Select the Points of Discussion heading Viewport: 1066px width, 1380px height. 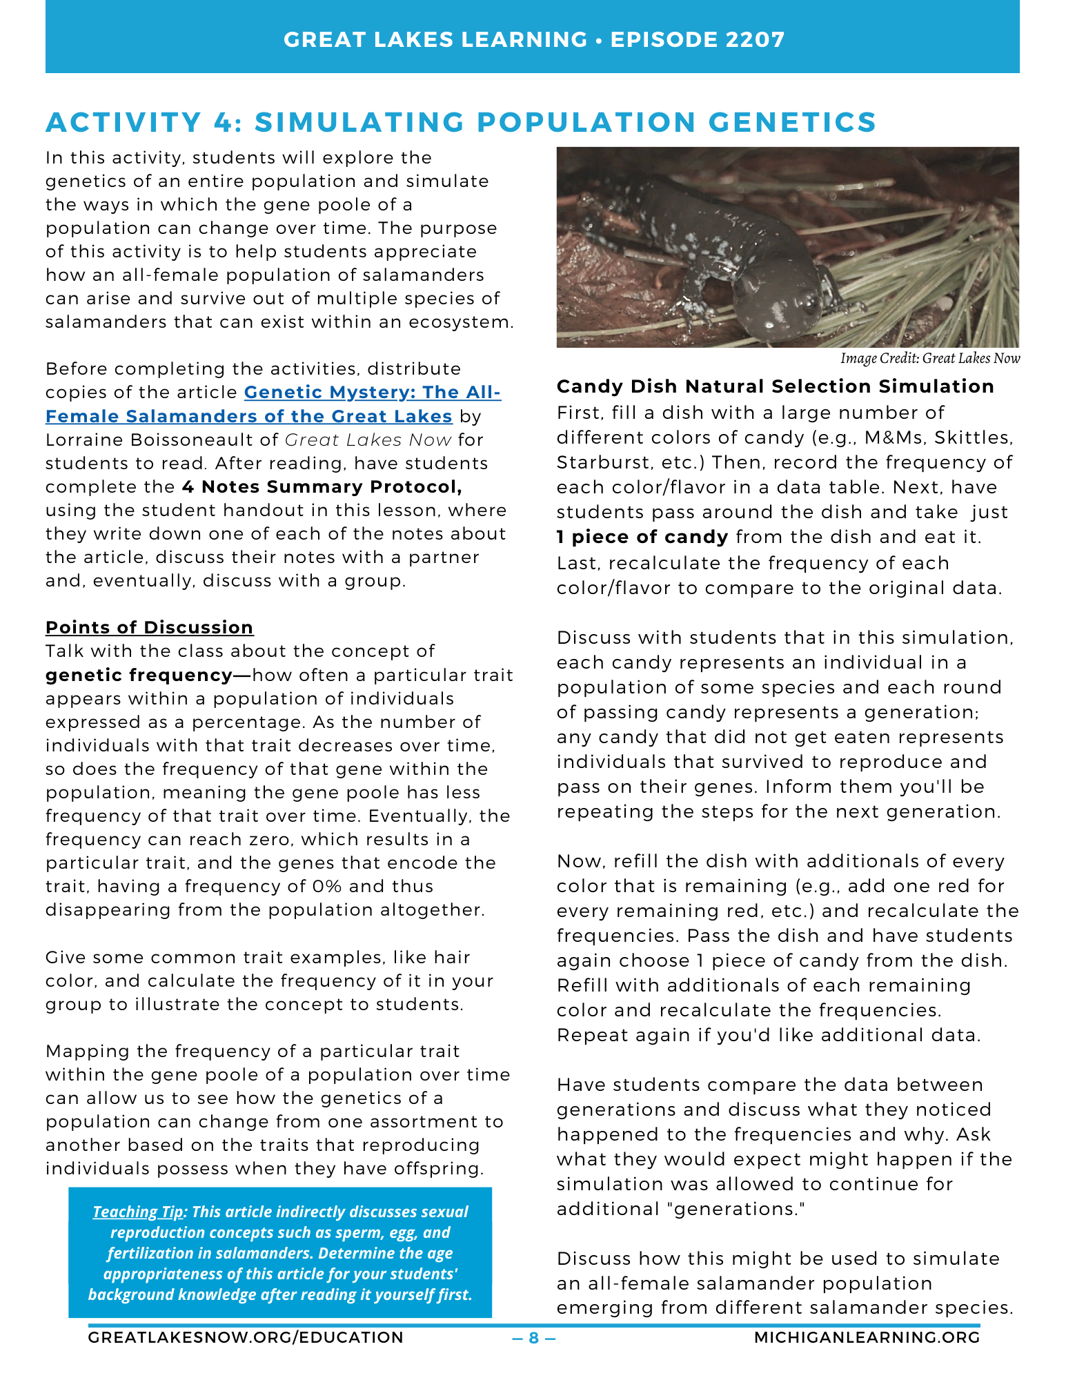coord(150,627)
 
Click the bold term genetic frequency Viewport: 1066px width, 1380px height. coord(139,675)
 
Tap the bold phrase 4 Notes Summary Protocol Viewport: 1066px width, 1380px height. coord(322,487)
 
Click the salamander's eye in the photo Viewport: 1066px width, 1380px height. coord(811,302)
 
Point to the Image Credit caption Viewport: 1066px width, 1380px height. coord(929,358)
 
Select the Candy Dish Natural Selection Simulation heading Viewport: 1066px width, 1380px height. coord(776,386)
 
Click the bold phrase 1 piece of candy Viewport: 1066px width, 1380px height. coord(642,538)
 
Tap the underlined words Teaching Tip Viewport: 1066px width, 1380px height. coord(138,1212)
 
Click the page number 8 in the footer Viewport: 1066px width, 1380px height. coord(533,1338)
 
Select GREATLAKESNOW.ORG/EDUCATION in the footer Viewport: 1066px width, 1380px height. coord(246,1338)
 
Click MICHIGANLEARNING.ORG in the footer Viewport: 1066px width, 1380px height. coord(867,1338)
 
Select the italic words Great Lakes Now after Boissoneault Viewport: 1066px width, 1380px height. coord(368,440)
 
